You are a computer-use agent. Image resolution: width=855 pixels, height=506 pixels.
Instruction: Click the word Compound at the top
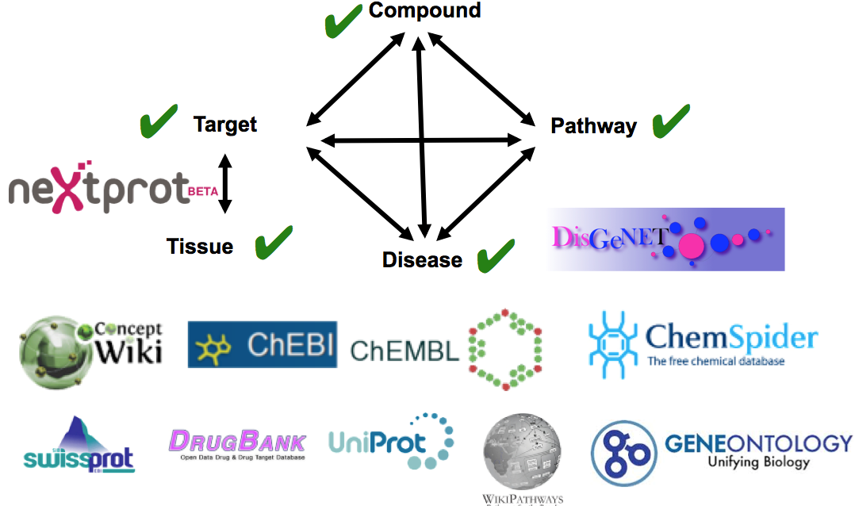click(424, 10)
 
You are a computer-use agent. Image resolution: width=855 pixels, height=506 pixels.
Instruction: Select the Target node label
click(225, 125)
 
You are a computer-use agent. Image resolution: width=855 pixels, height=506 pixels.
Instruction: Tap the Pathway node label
click(593, 126)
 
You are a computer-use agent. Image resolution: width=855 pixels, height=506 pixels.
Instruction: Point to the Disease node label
click(422, 260)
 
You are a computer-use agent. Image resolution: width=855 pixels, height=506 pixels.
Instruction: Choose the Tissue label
click(200, 247)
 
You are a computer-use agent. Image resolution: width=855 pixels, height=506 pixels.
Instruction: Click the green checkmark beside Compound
click(343, 21)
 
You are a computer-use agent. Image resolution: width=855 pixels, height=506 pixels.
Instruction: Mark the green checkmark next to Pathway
click(670, 121)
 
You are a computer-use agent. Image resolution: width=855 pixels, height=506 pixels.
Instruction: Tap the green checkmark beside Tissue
click(274, 242)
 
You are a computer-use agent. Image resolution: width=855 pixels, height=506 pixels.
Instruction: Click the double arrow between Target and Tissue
click(225, 183)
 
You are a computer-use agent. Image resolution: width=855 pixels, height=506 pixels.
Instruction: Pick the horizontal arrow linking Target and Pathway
click(420, 140)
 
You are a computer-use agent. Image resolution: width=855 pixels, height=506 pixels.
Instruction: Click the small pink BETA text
click(204, 190)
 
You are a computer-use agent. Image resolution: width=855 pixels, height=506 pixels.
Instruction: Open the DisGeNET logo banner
click(665, 239)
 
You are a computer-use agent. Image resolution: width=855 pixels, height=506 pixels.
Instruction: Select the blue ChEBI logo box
click(262, 344)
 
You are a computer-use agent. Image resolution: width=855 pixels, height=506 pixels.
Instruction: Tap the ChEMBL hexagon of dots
click(505, 349)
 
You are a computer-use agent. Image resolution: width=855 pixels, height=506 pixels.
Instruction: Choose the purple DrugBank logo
click(238, 444)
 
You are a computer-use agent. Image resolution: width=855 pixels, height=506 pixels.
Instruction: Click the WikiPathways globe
click(523, 453)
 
